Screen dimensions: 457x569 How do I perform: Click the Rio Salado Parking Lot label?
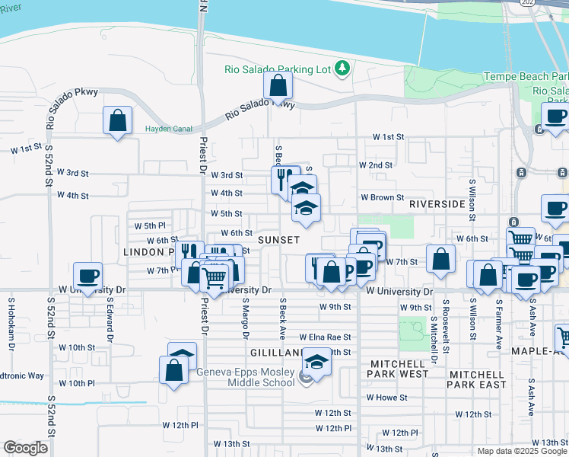click(278, 69)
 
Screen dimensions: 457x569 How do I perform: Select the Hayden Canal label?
click(169, 129)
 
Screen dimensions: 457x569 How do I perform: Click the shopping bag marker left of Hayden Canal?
click(118, 120)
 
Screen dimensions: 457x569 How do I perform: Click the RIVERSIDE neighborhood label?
click(437, 204)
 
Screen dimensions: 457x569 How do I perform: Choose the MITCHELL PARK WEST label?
click(398, 369)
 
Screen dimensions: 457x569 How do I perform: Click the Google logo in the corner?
click(25, 448)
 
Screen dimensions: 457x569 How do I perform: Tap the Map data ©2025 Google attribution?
click(522, 451)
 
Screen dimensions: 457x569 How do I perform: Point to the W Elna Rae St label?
click(325, 337)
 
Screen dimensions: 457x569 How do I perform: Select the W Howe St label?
click(387, 397)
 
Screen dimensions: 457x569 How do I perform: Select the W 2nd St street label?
click(376, 165)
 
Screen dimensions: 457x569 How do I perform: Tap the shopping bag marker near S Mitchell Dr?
click(440, 258)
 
